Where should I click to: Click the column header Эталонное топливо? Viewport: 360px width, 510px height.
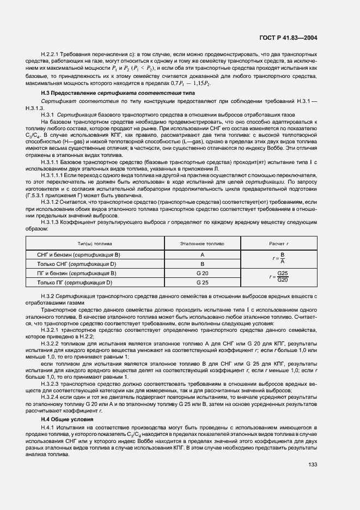click(202, 244)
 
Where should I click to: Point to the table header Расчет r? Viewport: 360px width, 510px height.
click(282, 244)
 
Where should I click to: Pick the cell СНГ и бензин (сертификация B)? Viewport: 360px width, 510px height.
click(78, 255)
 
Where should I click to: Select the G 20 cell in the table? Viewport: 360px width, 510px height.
click(202, 273)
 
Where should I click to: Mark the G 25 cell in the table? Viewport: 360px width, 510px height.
click(202, 282)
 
